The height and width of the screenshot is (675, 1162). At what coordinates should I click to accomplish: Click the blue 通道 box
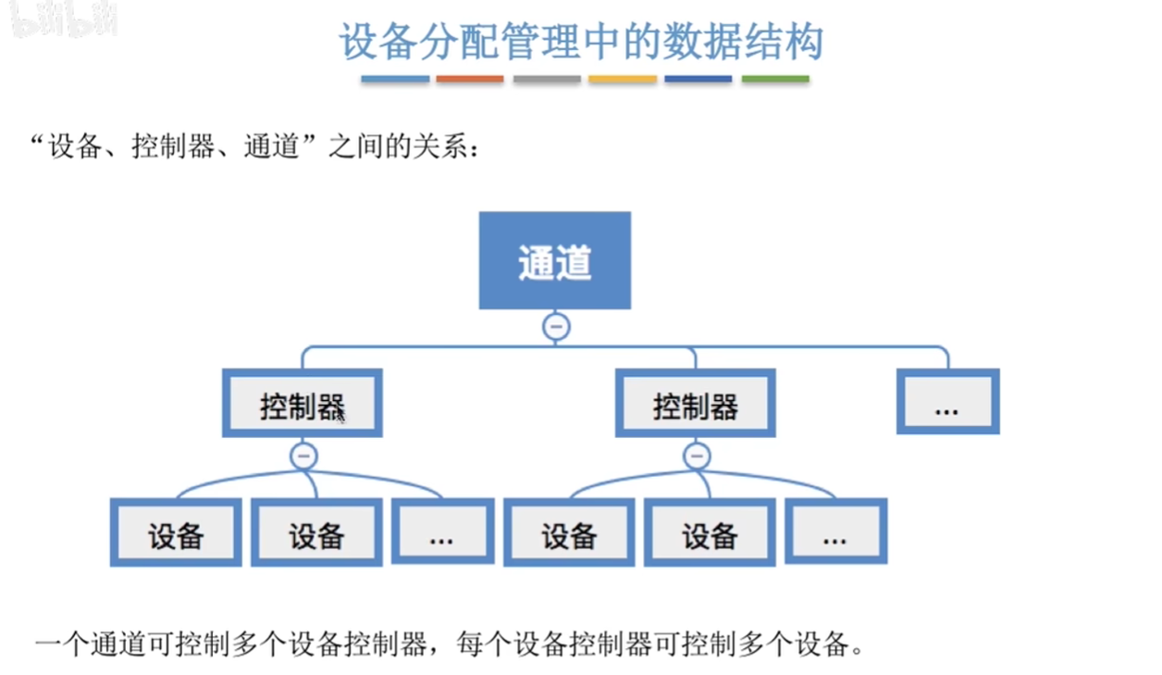point(554,260)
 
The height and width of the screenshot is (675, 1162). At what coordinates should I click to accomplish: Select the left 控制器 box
point(303,403)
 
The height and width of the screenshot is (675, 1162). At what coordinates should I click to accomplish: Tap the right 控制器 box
point(695,403)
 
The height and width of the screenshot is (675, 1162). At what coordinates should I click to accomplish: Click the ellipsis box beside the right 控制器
point(947,401)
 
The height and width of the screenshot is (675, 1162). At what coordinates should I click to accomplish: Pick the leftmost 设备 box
point(176,532)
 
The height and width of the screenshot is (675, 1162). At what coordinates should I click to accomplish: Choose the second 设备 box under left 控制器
point(316,532)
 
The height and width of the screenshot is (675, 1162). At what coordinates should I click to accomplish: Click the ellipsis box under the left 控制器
point(442,531)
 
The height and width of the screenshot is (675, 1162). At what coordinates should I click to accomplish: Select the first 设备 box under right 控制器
point(569,532)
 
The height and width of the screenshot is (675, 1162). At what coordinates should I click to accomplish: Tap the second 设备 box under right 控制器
point(710,532)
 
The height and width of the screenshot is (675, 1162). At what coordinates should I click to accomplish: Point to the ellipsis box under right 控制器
point(835,531)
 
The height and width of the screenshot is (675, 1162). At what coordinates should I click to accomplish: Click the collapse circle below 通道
point(556,327)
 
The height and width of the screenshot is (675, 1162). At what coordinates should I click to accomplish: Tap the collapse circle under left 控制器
point(304,456)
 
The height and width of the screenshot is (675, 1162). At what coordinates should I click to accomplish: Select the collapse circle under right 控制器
point(697,456)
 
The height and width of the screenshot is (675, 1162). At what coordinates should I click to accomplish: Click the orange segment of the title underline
point(470,79)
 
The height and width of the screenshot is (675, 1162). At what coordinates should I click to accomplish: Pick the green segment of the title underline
point(775,79)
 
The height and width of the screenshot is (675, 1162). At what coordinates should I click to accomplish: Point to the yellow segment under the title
point(623,79)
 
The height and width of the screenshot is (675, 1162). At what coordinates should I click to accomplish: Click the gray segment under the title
point(547,79)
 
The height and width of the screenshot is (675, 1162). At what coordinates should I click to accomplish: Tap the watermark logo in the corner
point(65,19)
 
